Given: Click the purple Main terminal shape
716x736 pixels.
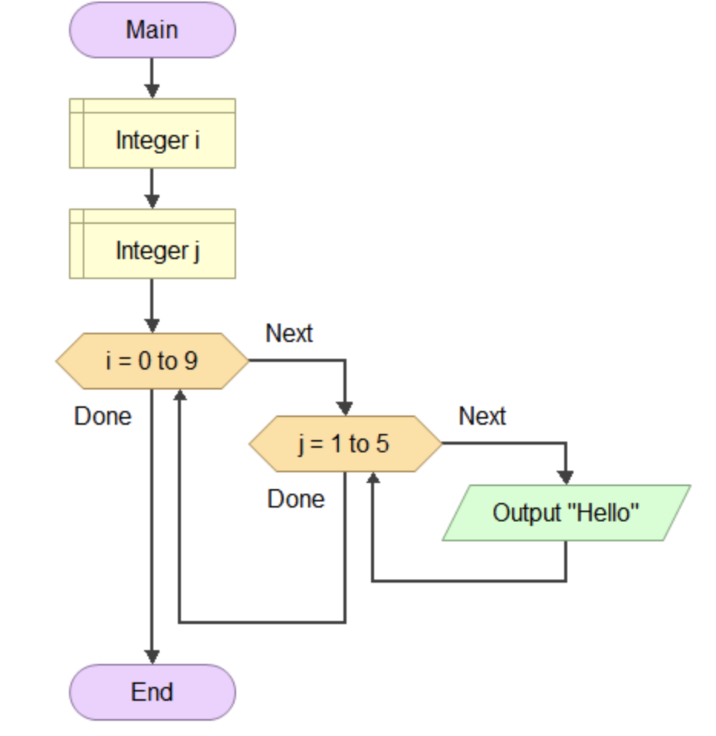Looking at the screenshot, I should tap(153, 30).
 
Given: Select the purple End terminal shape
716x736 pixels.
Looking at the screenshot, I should tap(153, 692).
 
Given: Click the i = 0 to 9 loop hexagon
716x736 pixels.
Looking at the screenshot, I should tap(153, 360).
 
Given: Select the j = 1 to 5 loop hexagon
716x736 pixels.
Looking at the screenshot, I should tap(345, 443).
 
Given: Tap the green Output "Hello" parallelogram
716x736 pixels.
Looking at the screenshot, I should tap(566, 512).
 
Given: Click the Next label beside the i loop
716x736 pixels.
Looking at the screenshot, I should tap(289, 333).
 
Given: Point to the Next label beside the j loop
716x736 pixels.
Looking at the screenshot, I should tap(482, 416).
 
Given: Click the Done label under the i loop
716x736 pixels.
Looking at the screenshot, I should tap(103, 416).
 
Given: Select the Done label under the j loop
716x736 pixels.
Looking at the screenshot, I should tap(296, 499).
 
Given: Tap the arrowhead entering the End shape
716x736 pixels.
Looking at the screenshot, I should tap(153, 656).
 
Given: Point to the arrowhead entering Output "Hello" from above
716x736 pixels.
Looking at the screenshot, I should tap(566, 477).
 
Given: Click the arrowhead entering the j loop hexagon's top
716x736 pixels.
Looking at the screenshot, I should tap(345, 407).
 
